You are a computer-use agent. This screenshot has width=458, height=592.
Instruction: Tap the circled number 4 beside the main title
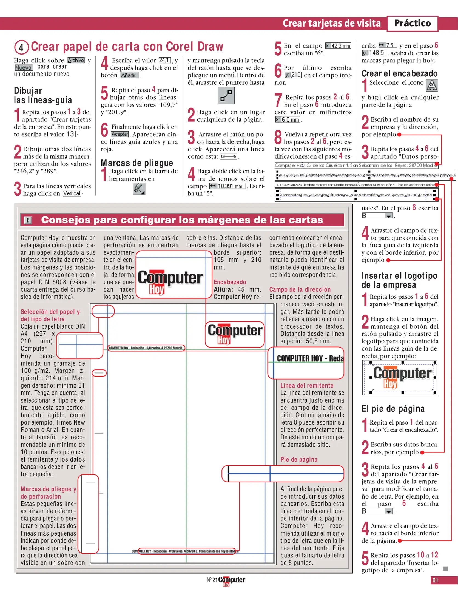(21, 47)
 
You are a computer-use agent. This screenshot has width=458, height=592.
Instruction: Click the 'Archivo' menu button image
(76, 60)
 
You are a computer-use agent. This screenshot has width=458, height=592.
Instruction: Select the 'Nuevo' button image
(24, 67)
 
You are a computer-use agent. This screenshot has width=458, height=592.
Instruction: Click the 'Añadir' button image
(129, 75)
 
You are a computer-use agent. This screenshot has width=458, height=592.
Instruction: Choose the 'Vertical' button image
(72, 193)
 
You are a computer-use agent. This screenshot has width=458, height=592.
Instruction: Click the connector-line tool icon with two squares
(226, 95)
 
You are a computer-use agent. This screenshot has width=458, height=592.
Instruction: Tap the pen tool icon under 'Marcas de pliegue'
(139, 189)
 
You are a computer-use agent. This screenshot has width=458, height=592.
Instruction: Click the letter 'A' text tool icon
(432, 85)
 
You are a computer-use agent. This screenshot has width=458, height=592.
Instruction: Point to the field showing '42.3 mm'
(338, 46)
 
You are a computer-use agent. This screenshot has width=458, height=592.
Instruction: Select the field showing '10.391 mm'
(227, 186)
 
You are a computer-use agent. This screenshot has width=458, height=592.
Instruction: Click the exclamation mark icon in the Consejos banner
(28, 220)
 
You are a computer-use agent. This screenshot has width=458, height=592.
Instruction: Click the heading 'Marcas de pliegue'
(137, 163)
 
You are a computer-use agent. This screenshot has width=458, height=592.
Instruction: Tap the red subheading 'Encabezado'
(230, 282)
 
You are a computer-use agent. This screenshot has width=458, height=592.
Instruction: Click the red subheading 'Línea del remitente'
(307, 385)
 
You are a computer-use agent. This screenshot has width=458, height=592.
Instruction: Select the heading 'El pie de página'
(393, 409)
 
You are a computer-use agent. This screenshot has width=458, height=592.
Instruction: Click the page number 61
(435, 580)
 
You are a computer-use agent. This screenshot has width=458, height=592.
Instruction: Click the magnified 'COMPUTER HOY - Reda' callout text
(310, 358)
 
